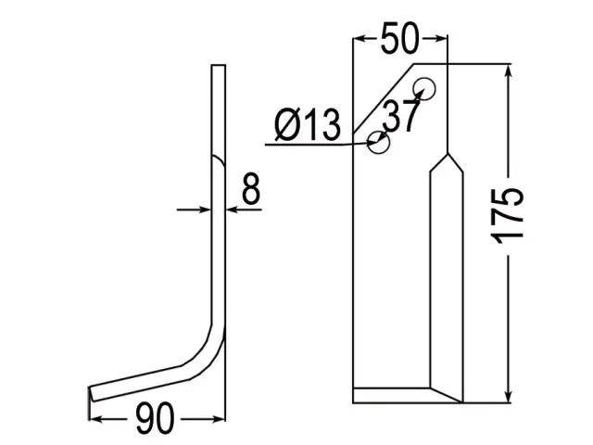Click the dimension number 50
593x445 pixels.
[400, 38]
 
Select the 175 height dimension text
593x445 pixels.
[507, 215]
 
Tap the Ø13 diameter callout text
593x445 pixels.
[307, 124]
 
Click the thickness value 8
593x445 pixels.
[251, 188]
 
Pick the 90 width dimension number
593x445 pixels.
[155, 418]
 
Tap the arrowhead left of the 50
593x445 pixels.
[359, 38]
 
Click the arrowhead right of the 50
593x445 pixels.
[441, 38]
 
